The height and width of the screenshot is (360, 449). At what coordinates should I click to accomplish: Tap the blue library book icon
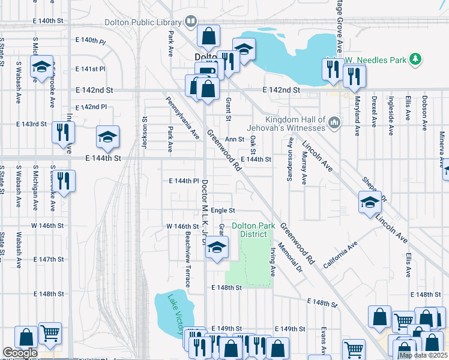coord(191,22)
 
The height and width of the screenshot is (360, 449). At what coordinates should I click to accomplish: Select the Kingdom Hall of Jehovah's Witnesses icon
coord(334,124)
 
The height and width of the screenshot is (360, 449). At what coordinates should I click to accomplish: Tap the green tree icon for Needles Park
coord(414,59)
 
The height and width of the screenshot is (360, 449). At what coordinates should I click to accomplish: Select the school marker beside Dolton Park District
coord(217,247)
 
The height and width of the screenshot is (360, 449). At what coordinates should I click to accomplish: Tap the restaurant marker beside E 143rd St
coord(63,132)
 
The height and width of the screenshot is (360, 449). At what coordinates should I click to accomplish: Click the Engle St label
coord(223,211)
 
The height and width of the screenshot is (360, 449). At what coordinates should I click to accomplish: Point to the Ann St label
coord(234,139)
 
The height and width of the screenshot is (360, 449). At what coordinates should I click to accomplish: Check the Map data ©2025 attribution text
coord(423,355)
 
